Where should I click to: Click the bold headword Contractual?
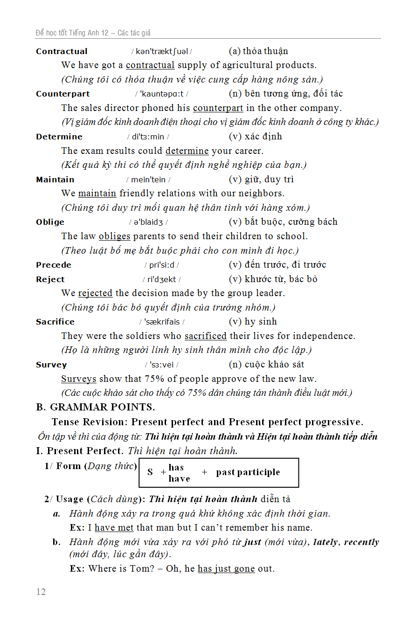click(x=62, y=51)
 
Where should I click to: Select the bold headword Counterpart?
click(x=62, y=94)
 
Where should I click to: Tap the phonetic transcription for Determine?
click(x=148, y=137)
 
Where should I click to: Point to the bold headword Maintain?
click(x=55, y=180)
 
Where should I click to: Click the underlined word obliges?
click(x=114, y=236)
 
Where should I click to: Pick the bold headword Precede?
click(x=54, y=265)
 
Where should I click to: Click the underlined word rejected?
click(x=95, y=293)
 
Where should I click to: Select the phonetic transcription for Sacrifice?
click(x=162, y=322)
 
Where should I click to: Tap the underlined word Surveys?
click(x=78, y=379)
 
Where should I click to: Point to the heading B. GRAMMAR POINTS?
click(x=95, y=407)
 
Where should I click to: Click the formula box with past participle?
click(x=219, y=472)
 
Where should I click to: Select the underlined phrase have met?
click(x=114, y=527)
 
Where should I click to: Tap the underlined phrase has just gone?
click(x=226, y=568)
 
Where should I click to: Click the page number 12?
click(x=41, y=592)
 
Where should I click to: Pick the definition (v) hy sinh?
click(x=253, y=322)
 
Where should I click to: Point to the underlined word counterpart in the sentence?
click(x=218, y=108)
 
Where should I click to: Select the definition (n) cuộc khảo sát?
click(x=266, y=364)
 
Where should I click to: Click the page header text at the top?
click(x=93, y=33)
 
